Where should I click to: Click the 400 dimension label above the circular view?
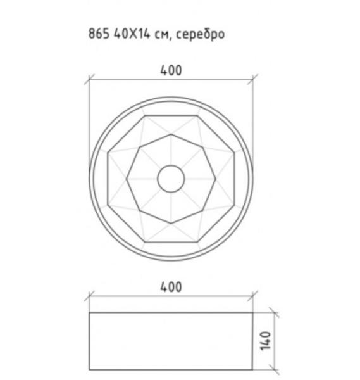click(171, 70)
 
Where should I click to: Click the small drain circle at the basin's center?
click(171, 179)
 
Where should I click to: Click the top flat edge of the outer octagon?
click(171, 115)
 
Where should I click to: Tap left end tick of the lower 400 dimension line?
click(89, 296)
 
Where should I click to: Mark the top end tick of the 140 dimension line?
click(274, 312)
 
